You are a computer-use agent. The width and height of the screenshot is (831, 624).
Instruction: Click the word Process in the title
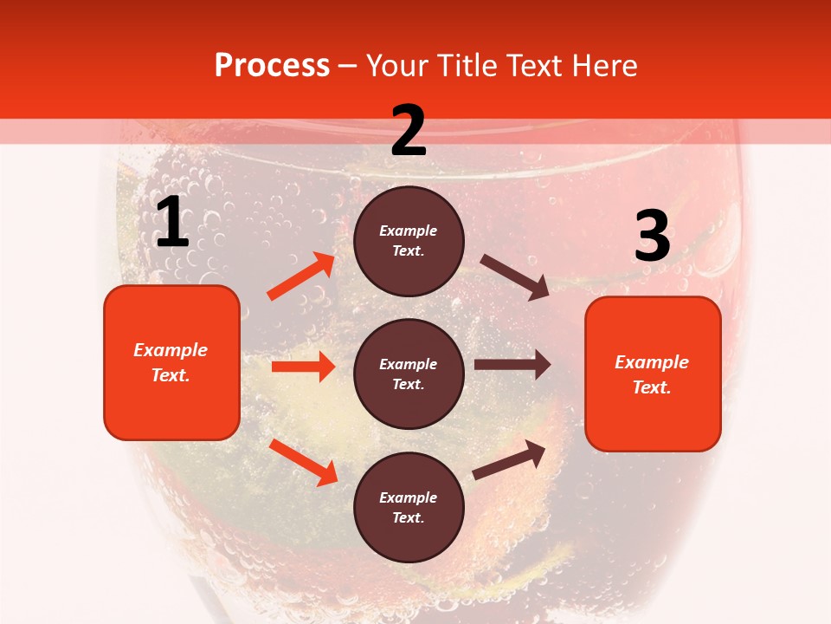pyautogui.click(x=272, y=66)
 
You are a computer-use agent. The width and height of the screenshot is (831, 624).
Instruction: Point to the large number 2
pyautogui.click(x=409, y=131)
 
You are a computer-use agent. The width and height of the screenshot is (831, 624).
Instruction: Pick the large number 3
pyautogui.click(x=652, y=236)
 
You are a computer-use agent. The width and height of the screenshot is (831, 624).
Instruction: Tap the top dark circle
pyautogui.click(x=409, y=241)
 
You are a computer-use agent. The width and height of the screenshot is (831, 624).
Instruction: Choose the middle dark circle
pyautogui.click(x=409, y=374)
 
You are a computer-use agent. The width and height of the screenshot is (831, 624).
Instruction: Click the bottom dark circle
pyautogui.click(x=409, y=507)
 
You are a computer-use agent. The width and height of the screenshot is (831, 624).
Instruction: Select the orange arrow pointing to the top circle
pyautogui.click(x=302, y=276)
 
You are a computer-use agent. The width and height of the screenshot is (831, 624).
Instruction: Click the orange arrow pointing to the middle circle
pyautogui.click(x=303, y=367)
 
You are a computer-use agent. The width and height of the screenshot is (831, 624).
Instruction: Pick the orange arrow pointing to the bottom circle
pyautogui.click(x=304, y=462)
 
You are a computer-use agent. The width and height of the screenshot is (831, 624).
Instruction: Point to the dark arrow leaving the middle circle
pyautogui.click(x=512, y=365)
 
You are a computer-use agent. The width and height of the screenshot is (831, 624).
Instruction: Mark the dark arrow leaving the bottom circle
pyautogui.click(x=509, y=460)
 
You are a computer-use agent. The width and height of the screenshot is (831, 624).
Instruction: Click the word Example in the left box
pyautogui.click(x=171, y=350)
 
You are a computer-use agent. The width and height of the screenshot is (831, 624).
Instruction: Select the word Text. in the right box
pyautogui.click(x=652, y=387)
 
